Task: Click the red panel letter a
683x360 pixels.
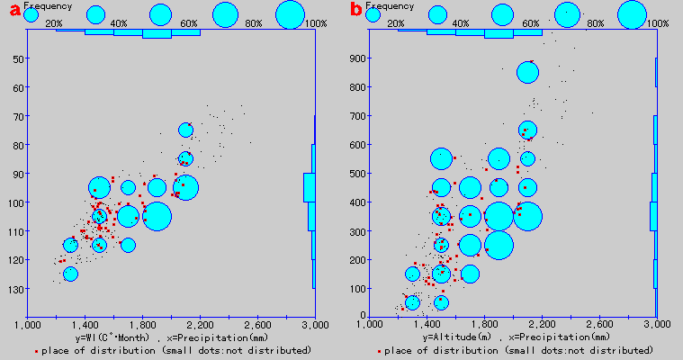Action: click(x=15, y=11)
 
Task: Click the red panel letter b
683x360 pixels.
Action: click(x=356, y=11)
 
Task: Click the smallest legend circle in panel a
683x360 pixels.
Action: click(x=31, y=14)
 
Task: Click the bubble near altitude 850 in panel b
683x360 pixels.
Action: click(x=528, y=72)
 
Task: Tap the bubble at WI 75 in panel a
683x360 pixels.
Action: click(x=185, y=130)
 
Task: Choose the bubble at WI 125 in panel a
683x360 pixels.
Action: click(x=70, y=274)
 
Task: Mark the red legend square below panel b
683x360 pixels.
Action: click(x=379, y=349)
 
